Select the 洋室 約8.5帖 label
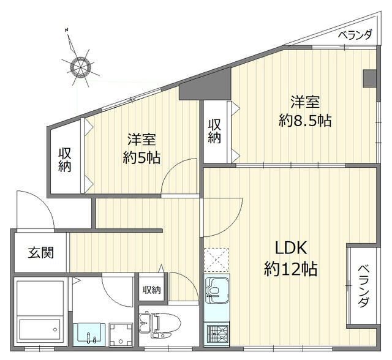(x=305, y=111)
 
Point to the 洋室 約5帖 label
(x=142, y=148)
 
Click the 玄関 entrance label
(x=40, y=252)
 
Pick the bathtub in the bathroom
(x=40, y=312)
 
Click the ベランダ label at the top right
(x=355, y=34)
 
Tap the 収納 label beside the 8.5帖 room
(x=214, y=130)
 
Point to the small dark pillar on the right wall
(x=369, y=79)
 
